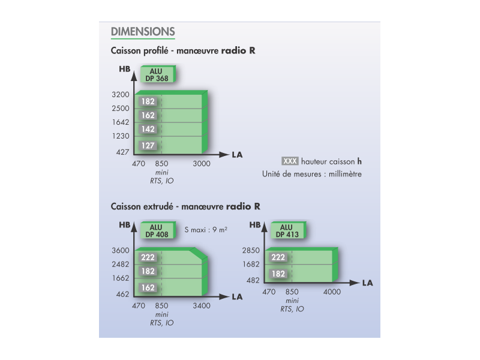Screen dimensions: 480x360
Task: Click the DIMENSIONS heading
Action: coord(143,32)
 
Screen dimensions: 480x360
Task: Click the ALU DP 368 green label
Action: coord(158,74)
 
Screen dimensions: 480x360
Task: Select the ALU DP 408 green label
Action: coord(158,230)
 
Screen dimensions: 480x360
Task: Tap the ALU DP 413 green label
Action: coord(288,230)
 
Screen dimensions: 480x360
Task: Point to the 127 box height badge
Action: coord(148,145)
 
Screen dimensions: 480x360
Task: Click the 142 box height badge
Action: coord(148,129)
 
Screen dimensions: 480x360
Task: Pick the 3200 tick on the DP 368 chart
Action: coord(121,95)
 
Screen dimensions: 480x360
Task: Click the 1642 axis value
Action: coord(121,122)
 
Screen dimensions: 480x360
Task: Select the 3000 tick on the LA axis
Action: coord(202,164)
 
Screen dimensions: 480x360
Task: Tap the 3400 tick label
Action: coord(202,305)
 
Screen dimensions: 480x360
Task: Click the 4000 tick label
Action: coord(332,292)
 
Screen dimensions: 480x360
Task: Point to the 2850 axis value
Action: coord(251,250)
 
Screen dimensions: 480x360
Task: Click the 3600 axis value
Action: coord(121,250)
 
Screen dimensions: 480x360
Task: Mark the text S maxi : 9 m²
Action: coord(206,230)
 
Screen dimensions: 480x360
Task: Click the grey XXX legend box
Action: coord(290,161)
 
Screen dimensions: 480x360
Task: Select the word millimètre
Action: coord(345,174)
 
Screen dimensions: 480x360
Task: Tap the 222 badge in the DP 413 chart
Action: coord(278,257)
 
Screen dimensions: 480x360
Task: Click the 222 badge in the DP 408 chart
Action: coord(148,257)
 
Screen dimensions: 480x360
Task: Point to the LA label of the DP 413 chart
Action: coord(367,283)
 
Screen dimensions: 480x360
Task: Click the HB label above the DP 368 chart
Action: coord(125,69)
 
